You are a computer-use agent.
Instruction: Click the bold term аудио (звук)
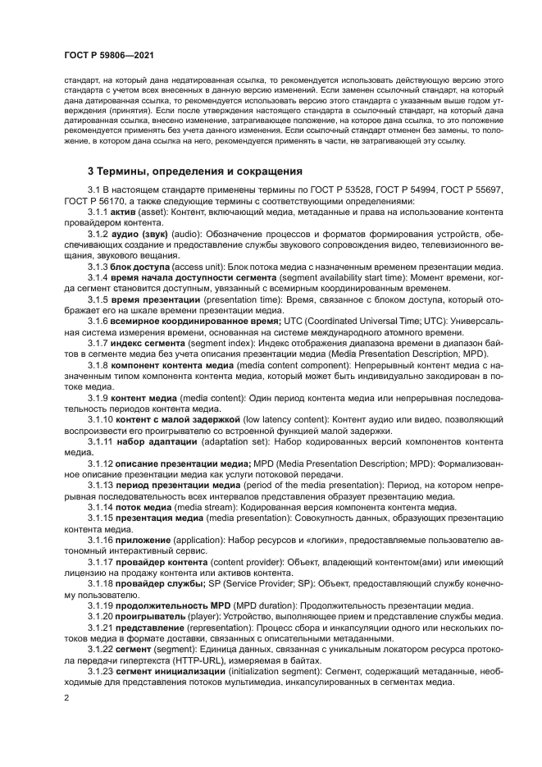click(141, 235)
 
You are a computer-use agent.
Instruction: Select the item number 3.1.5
click(98, 302)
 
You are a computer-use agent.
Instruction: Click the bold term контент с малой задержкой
click(177, 419)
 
